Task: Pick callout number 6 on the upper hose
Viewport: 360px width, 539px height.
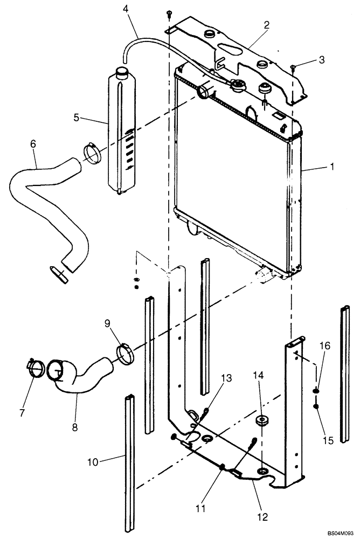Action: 33,145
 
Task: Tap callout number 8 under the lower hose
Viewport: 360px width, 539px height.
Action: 75,427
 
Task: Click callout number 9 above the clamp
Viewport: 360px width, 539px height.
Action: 107,324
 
